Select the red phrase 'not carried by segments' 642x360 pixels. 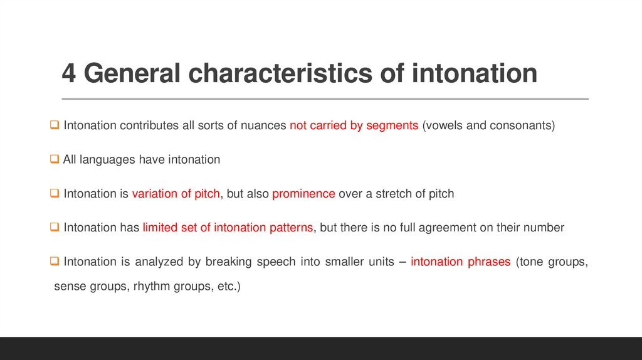click(354, 125)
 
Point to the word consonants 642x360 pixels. click(523, 125)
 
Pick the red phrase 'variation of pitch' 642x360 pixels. click(176, 194)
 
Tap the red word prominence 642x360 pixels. click(303, 194)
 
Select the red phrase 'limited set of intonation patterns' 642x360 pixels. click(228, 228)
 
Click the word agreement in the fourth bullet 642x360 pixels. click(445, 228)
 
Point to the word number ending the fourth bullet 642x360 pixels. click(544, 228)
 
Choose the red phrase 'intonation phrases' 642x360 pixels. click(460, 262)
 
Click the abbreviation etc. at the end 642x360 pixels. click(228, 287)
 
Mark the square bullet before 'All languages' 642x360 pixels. click(55, 160)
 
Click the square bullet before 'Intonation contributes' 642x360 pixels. click(55, 125)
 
